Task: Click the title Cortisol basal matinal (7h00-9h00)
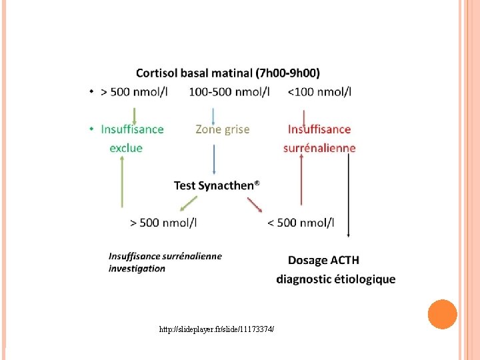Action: tap(227, 73)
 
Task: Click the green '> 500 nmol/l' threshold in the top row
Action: tap(133, 92)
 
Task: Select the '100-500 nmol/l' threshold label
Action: tap(229, 92)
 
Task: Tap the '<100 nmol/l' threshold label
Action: tap(320, 92)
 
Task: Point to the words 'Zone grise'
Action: tap(223, 129)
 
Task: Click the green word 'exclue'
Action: tap(126, 148)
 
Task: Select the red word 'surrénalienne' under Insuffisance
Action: tap(319, 148)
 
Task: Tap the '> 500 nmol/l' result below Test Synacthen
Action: tap(163, 223)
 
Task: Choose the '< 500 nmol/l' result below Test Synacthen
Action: tap(301, 223)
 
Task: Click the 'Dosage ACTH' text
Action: tap(323, 260)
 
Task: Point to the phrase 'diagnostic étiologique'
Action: tap(336, 279)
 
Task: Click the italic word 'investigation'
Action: tap(137, 269)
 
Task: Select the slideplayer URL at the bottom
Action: tap(217, 329)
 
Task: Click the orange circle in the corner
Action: tap(441, 314)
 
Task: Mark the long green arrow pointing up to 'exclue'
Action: tap(122, 183)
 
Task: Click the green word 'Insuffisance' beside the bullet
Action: tap(132, 129)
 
